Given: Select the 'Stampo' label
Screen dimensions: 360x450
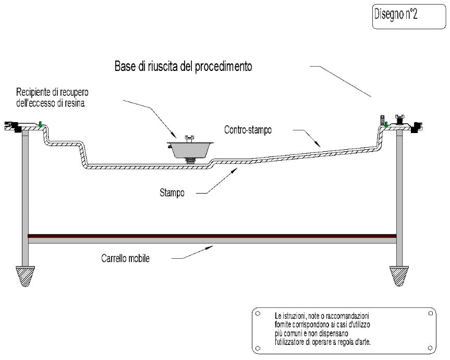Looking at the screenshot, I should click(172, 193).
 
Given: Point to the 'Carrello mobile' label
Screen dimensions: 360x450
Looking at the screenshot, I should click(125, 258).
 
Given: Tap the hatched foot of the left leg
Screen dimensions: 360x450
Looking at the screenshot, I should click(26, 275).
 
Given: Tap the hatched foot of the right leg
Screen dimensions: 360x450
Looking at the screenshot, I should click(400, 275).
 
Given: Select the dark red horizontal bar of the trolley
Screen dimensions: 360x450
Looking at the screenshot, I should click(212, 236).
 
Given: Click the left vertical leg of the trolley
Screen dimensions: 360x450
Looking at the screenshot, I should click(26, 198).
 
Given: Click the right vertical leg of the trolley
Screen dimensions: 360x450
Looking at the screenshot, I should click(400, 198).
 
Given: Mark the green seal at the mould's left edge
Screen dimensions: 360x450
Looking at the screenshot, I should click(40, 125).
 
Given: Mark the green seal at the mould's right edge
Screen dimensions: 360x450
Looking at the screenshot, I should click(386, 124).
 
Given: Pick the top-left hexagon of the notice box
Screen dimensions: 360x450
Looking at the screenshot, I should click(258, 314).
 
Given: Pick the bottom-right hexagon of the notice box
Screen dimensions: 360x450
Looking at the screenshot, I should click(430, 348).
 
